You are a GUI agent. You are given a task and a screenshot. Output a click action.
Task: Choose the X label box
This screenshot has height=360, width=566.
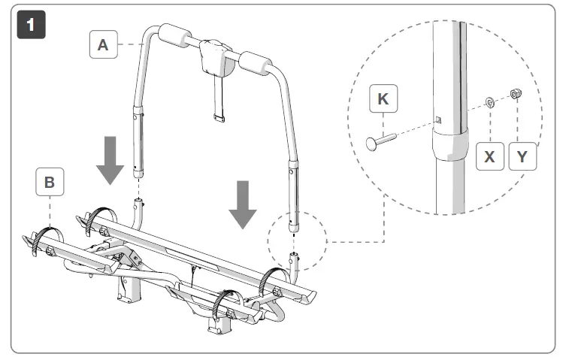(x=490, y=156)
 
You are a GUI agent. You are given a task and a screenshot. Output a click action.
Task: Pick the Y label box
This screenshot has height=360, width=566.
(x=522, y=156)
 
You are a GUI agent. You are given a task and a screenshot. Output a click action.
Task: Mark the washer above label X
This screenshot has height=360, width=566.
(x=489, y=101)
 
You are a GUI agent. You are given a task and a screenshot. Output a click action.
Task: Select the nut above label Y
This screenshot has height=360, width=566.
(x=516, y=94)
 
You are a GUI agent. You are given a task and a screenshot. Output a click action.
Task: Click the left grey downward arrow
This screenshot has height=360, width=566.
(x=110, y=159)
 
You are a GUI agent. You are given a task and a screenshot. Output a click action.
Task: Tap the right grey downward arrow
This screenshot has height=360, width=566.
(x=243, y=203)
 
